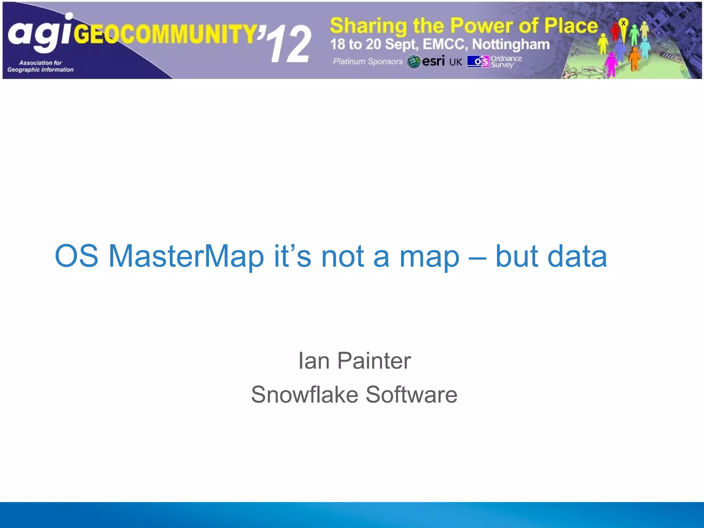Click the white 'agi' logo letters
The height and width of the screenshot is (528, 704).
(40, 34)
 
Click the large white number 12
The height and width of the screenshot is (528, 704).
(291, 45)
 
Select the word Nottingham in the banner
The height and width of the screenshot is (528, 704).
(511, 44)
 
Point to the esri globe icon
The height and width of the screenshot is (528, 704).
(414, 62)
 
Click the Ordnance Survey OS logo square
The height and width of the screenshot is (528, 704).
(478, 62)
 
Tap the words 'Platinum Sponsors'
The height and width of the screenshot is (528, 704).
(367, 62)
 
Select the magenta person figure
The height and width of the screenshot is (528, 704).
(611, 64)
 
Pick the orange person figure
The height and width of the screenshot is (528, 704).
(635, 58)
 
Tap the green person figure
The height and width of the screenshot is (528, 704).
(634, 34)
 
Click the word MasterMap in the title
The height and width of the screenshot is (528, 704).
(186, 256)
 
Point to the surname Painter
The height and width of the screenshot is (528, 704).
(374, 361)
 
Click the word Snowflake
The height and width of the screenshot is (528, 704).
(304, 394)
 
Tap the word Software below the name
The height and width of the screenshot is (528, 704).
(411, 394)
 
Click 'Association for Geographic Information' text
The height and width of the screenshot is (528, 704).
(41, 66)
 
